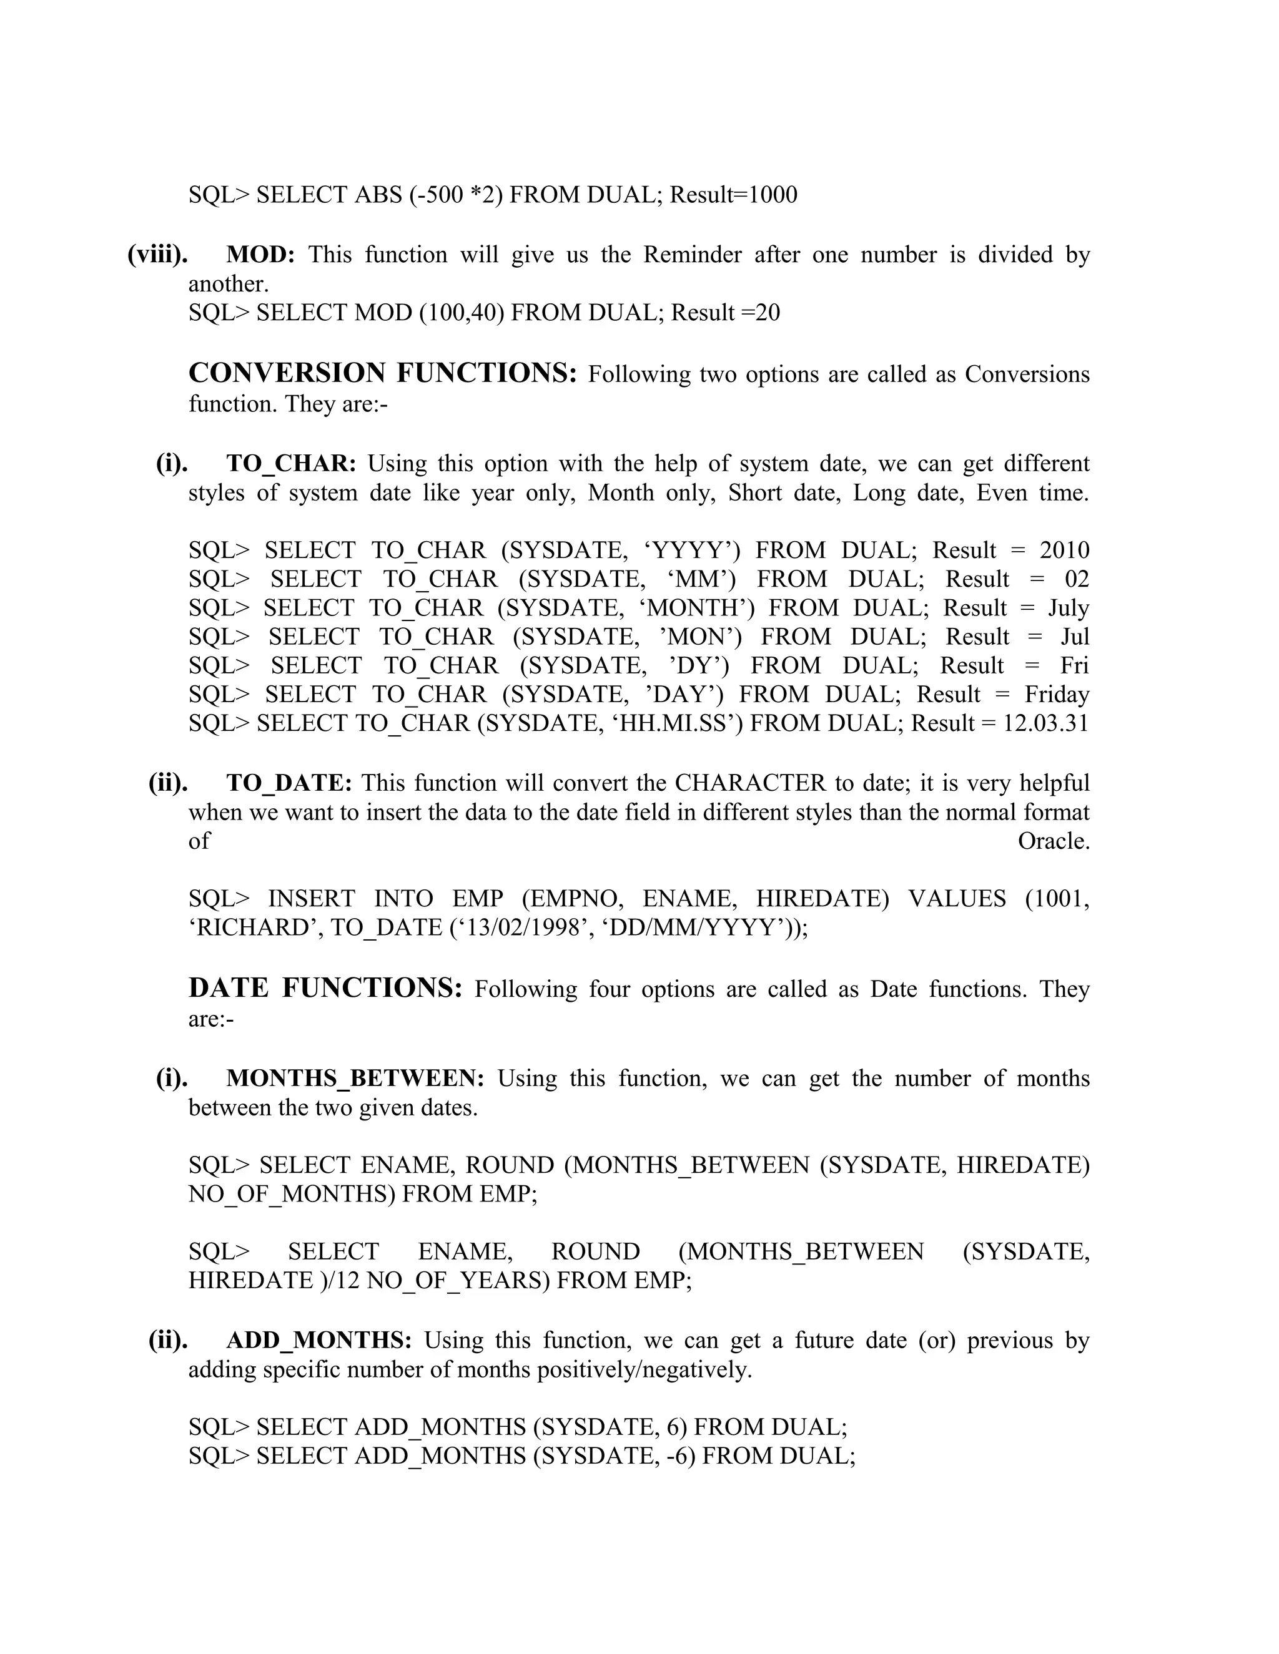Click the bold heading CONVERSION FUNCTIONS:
click(383, 373)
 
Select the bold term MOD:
click(260, 255)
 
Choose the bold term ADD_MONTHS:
click(319, 1341)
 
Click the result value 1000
click(773, 195)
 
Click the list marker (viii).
click(157, 255)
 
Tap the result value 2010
click(1065, 551)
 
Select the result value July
click(1069, 608)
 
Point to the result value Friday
click(1057, 695)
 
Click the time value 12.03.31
click(1045, 723)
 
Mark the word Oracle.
click(1053, 841)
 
